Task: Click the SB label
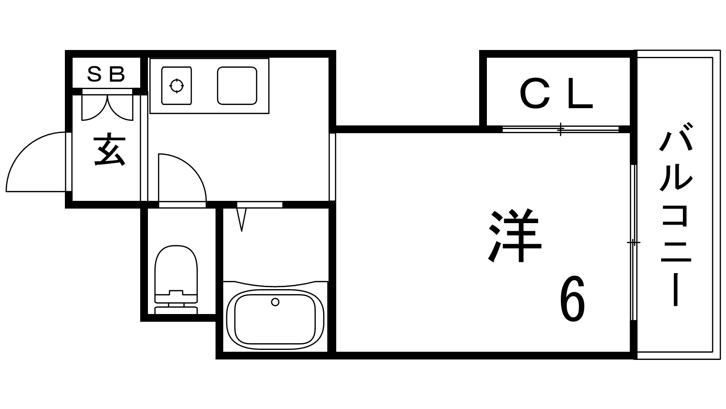tap(106, 74)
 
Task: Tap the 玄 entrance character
tap(108, 150)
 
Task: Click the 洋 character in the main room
tap(515, 235)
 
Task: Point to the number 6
tap(573, 299)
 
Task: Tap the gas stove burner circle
tap(177, 85)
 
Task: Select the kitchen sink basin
tap(237, 85)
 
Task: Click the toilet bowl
tap(176, 268)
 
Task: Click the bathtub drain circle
tap(275, 302)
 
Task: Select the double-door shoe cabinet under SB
tap(108, 107)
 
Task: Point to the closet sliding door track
tap(560, 129)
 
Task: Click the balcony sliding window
tap(633, 242)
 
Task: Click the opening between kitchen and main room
tap(333, 166)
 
